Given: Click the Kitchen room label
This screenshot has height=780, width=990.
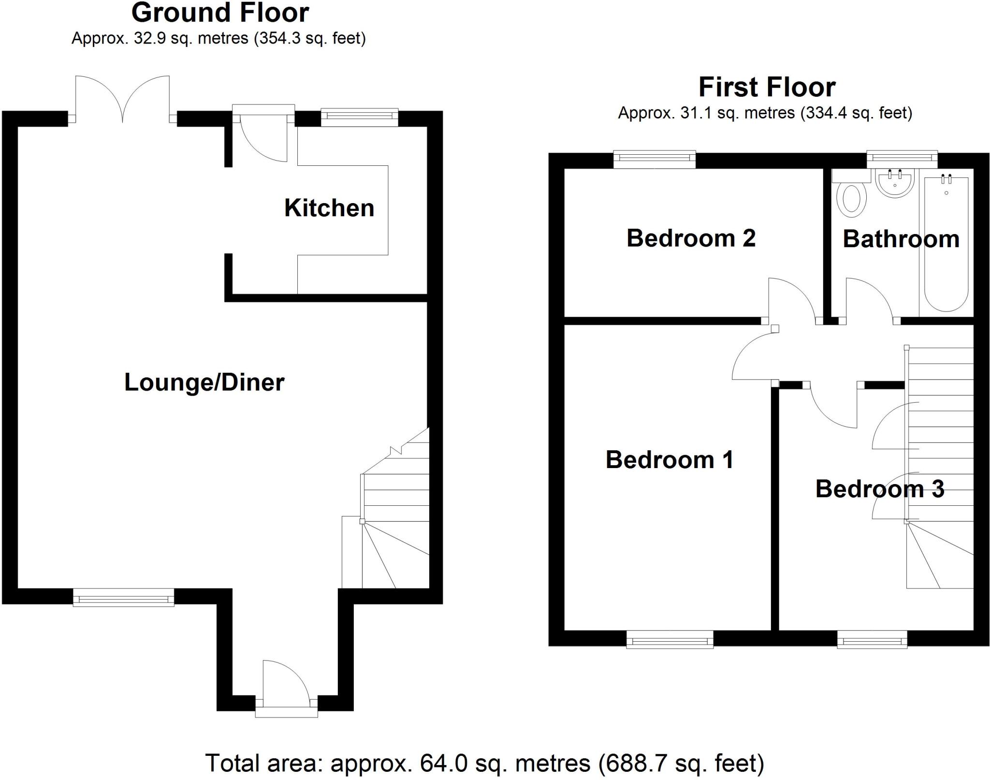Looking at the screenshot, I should point(329,208).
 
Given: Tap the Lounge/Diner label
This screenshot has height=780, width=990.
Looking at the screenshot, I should point(204,383).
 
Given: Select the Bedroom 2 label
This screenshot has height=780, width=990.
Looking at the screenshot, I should point(691,238).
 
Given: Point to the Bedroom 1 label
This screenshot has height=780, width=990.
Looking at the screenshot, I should point(670,459).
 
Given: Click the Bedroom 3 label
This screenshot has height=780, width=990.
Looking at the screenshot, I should point(880,489).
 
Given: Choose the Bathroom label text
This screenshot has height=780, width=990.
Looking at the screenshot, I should point(901,239).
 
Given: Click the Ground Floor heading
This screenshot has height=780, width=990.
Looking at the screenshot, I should point(220,13).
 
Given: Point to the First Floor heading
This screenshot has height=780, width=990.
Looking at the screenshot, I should point(767,88).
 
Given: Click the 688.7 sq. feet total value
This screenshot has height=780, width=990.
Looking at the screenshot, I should point(682,763).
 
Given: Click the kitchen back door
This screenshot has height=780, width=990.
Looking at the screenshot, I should point(263,138).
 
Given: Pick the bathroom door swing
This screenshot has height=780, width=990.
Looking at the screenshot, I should point(868,300).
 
